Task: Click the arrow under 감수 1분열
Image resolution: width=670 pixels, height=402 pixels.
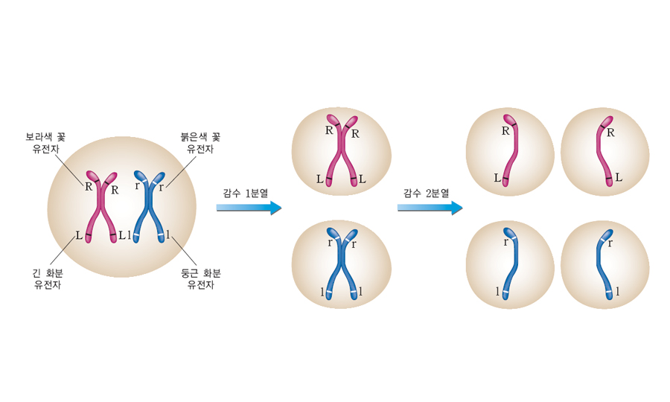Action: pos(249,208)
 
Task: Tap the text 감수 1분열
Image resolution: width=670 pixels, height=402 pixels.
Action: pos(246,192)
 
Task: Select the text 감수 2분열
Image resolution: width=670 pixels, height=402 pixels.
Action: pos(427,192)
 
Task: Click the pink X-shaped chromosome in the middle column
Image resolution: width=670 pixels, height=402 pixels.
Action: pos(342,153)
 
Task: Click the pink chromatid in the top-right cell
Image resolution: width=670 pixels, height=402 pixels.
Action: pos(604,153)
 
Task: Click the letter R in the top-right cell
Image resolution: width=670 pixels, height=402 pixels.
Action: pos(611,133)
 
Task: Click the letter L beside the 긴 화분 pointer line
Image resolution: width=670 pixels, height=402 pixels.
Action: pos(78,236)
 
